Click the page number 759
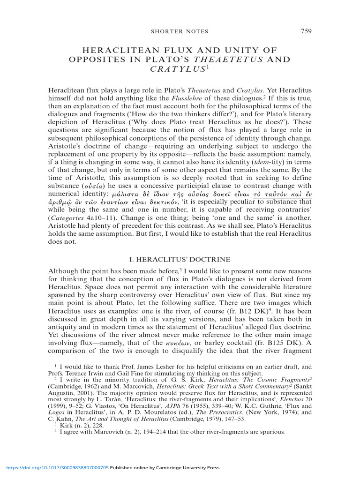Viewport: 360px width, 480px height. pyautogui.click(x=306, y=31)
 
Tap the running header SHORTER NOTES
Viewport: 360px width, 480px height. pyautogui.click(x=180, y=32)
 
